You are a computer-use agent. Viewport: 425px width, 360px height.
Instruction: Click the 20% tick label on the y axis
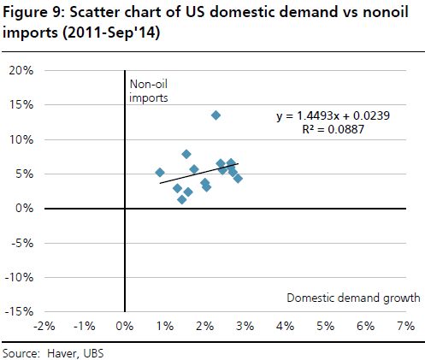click(x=21, y=70)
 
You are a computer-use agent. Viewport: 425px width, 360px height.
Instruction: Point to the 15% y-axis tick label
click(x=21, y=105)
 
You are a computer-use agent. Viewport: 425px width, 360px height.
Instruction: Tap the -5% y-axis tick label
click(x=21, y=243)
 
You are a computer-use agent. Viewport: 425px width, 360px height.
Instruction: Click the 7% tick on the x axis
click(x=404, y=327)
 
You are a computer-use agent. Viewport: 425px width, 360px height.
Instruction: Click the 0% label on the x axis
click(x=125, y=327)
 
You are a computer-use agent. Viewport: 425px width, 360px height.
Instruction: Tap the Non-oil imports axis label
click(x=148, y=91)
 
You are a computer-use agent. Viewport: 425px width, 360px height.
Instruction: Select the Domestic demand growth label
click(x=353, y=298)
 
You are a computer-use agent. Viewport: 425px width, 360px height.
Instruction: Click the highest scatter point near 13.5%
click(x=215, y=115)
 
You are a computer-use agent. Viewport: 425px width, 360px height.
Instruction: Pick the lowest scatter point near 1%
click(x=181, y=199)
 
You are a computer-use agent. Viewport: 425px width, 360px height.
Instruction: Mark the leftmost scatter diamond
click(x=160, y=172)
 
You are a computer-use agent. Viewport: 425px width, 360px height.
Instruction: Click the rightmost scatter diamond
click(x=238, y=178)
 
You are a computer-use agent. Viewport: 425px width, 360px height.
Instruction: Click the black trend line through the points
click(x=201, y=171)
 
